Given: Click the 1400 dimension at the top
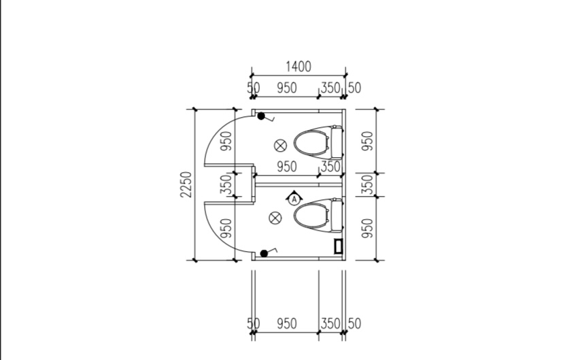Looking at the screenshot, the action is click(x=299, y=67).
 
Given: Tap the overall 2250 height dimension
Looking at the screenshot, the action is click(x=186, y=184).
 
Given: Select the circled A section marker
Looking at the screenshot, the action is click(x=294, y=199).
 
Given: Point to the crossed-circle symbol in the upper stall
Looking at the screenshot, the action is click(x=281, y=146).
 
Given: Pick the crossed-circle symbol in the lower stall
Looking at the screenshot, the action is click(x=275, y=218).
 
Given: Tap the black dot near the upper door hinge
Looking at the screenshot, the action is click(x=261, y=116).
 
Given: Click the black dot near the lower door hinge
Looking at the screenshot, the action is click(x=264, y=253).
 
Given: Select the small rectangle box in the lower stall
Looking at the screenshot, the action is click(x=339, y=246).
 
